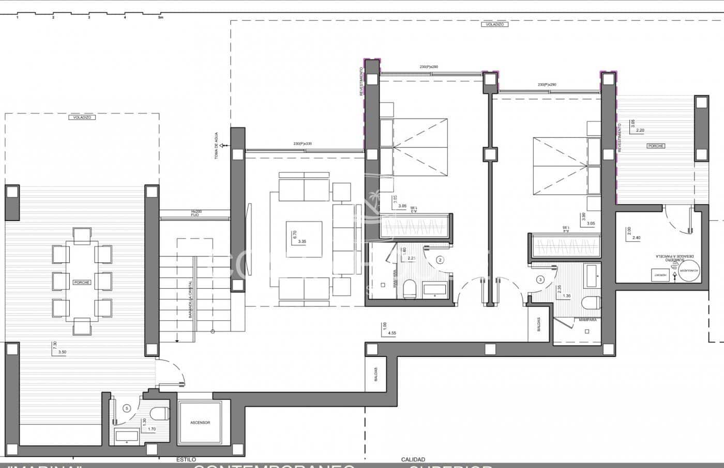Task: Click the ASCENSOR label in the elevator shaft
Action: [200, 423]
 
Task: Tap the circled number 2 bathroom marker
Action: [440, 260]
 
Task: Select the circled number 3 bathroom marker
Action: [540, 280]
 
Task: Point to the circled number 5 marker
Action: [127, 408]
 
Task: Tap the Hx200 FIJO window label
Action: [195, 213]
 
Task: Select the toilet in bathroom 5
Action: [160, 413]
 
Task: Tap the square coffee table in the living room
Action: [305, 239]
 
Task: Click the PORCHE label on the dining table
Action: [82, 283]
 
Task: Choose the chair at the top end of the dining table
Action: [82, 236]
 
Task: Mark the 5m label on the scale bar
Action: [160, 18]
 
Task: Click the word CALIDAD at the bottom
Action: [413, 459]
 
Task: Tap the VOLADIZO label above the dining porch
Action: [82, 118]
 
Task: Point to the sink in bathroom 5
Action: [127, 436]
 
